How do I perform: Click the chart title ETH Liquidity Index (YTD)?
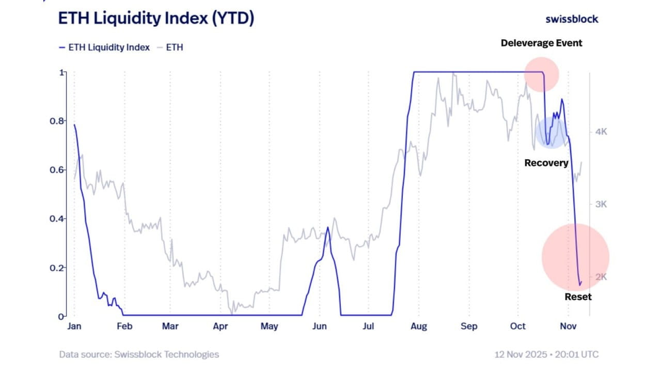[156, 19]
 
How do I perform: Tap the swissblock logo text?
[572, 19]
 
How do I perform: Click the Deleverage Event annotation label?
[541, 43]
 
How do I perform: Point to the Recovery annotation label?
[546, 163]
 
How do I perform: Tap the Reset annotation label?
[578, 297]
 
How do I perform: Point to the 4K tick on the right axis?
[600, 132]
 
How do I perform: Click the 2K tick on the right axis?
[600, 277]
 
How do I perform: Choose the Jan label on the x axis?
[74, 326]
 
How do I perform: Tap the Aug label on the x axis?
[419, 326]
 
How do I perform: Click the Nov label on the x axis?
[568, 326]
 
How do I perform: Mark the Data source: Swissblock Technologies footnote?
[139, 354]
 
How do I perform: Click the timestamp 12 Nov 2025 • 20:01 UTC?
[546, 354]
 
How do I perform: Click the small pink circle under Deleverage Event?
[541, 74]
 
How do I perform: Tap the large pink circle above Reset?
[575, 257]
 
